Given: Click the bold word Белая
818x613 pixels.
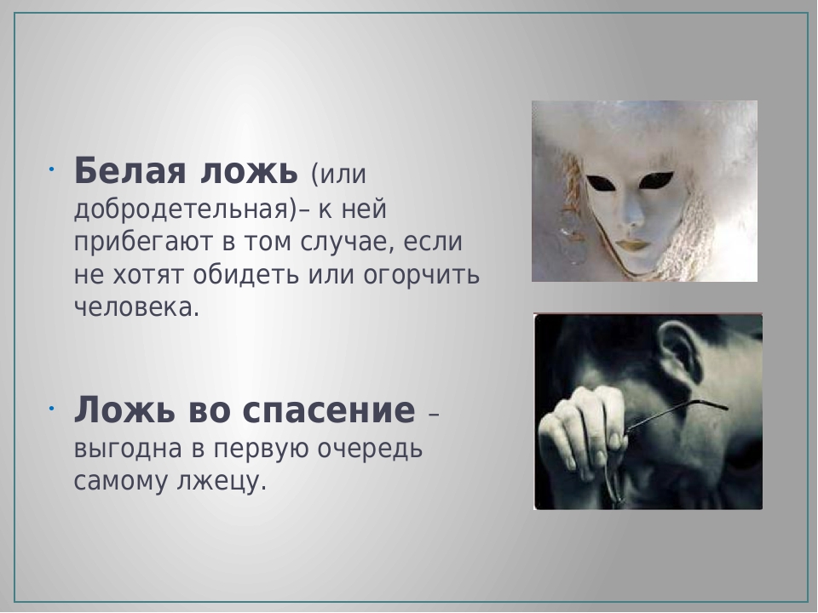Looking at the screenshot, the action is coord(130,170).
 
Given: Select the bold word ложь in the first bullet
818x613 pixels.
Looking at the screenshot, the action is coord(250,171).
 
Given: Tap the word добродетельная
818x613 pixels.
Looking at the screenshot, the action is coord(181,209).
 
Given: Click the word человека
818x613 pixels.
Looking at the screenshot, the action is coord(136,307).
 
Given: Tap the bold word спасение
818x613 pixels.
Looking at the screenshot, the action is coord(329,410).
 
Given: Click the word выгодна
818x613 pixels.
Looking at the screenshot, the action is coord(128,449).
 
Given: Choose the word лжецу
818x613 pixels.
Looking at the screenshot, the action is coord(222,482).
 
